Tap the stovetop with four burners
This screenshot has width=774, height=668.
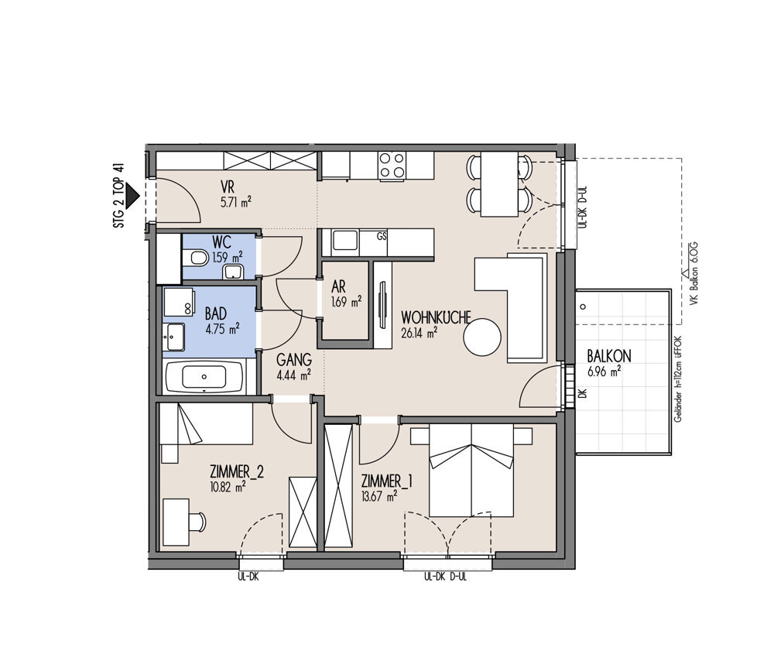[392, 165]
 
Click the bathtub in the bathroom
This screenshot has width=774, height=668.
[204, 377]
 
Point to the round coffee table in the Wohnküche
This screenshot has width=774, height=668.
[481, 337]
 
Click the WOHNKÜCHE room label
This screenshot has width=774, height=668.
[436, 317]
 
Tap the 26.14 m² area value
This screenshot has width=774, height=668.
[419, 334]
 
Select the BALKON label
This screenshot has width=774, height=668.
[609, 357]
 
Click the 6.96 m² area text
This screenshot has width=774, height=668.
[604, 372]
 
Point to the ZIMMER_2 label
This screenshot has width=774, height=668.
[236, 472]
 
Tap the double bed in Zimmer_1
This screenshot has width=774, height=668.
[471, 470]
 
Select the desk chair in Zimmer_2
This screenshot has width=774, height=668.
[198, 522]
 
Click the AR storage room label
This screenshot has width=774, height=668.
[339, 286]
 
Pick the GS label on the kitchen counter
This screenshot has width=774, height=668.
[381, 237]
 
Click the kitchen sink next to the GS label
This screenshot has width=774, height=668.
[345, 241]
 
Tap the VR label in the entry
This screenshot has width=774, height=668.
[228, 187]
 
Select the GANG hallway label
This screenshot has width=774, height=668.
[293, 359]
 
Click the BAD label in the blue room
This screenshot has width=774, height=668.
[216, 313]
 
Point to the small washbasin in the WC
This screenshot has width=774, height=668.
[232, 272]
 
